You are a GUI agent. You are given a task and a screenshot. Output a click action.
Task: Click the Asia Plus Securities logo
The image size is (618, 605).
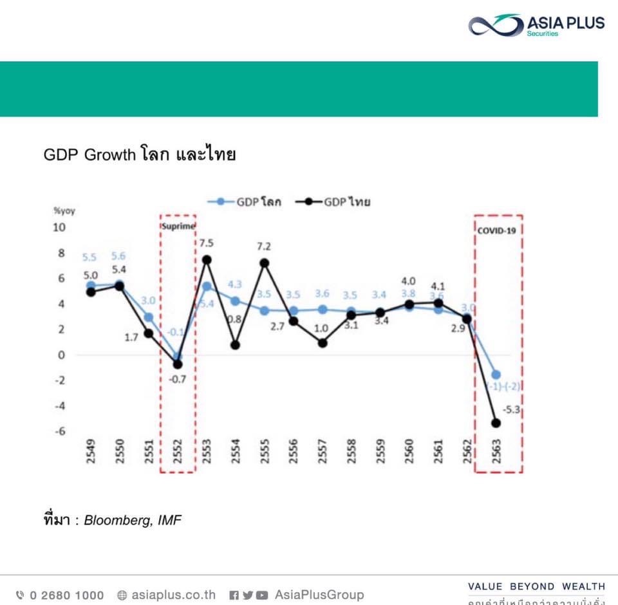click(536, 26)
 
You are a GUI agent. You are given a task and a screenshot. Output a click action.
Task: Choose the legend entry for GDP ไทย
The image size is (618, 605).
click(334, 202)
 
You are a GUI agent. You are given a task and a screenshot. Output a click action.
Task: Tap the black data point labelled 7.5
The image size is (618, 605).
click(207, 259)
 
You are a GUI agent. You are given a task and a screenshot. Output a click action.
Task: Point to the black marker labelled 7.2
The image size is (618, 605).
click(264, 263)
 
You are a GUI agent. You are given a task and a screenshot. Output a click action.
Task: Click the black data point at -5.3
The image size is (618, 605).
click(496, 423)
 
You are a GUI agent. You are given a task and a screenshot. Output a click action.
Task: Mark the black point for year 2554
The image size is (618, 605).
click(235, 345)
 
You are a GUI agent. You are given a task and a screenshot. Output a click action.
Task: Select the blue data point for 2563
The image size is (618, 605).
click(496, 375)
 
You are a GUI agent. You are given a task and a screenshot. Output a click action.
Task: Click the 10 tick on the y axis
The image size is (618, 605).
click(59, 227)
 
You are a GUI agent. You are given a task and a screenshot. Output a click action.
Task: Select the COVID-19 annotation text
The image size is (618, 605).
click(499, 229)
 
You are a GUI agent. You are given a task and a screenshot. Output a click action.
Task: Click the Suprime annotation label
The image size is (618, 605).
click(178, 227)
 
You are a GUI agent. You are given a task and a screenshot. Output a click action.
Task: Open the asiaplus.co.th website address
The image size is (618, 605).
click(173, 595)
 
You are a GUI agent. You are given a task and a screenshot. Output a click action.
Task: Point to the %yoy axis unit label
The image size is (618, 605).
click(64, 210)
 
